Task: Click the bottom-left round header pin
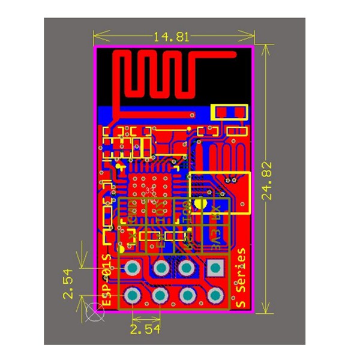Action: point(133,295)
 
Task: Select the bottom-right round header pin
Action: point(214,295)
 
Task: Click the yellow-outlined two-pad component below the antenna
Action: point(229,112)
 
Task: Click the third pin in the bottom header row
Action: point(187,295)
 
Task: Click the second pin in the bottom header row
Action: point(160,295)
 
